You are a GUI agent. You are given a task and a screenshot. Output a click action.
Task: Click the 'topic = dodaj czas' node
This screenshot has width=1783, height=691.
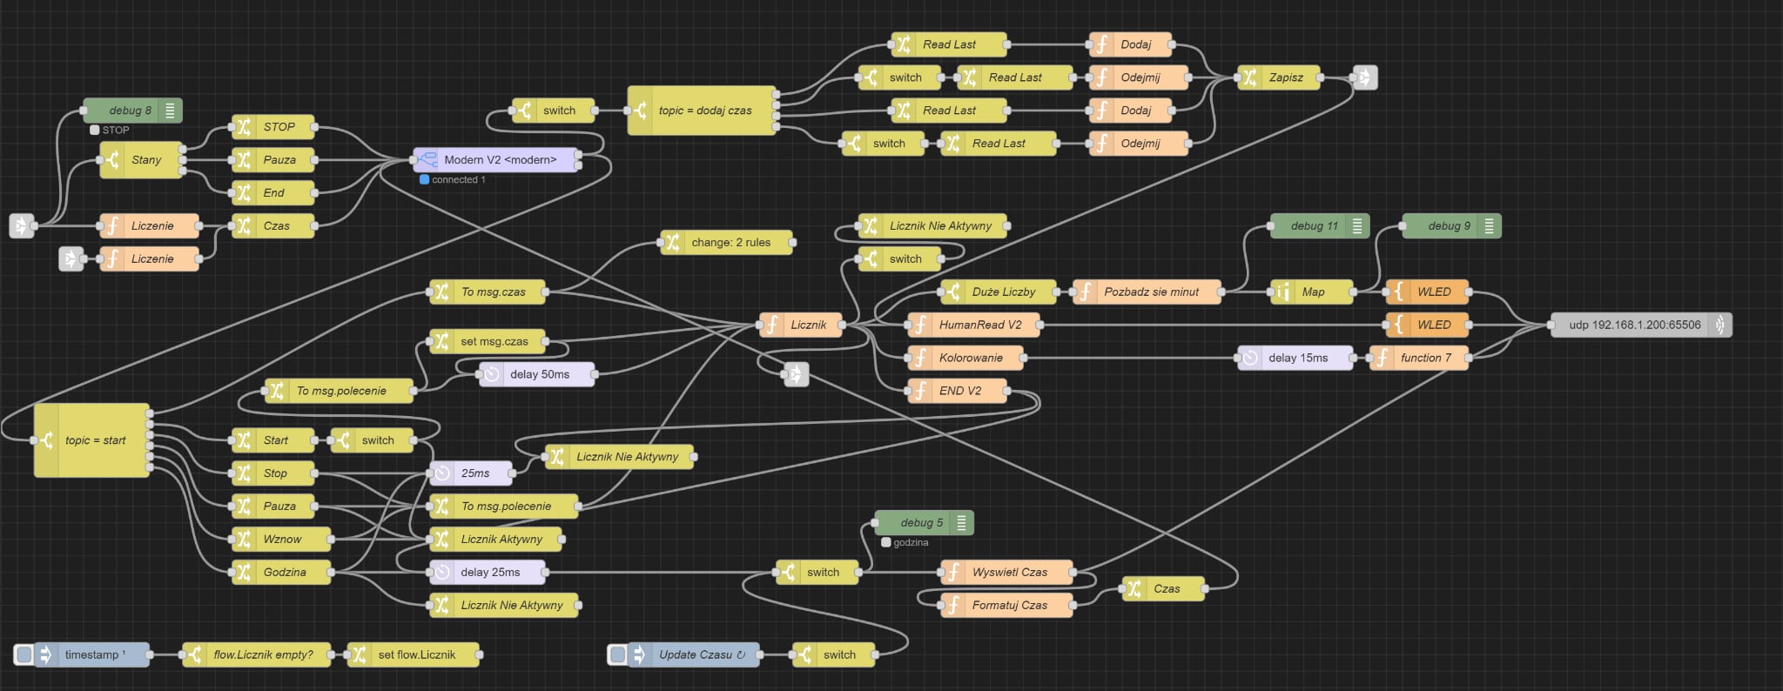click(x=704, y=111)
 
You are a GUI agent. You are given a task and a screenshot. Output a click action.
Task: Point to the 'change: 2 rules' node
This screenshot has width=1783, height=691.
click(x=730, y=243)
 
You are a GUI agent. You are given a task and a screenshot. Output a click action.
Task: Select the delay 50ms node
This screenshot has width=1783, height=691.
click(x=539, y=375)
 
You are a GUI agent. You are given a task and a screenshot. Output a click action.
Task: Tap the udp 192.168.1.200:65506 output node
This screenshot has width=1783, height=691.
click(x=1634, y=325)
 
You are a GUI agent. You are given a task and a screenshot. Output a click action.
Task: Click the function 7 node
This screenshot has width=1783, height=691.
click(x=1424, y=358)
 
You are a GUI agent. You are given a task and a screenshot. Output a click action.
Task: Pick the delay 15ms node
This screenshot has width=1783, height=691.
click(x=1297, y=358)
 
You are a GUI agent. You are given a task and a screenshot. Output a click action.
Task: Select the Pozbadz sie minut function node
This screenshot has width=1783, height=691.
click(x=1150, y=292)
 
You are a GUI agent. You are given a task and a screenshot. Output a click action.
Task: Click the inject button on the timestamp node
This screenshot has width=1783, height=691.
click(x=24, y=654)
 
